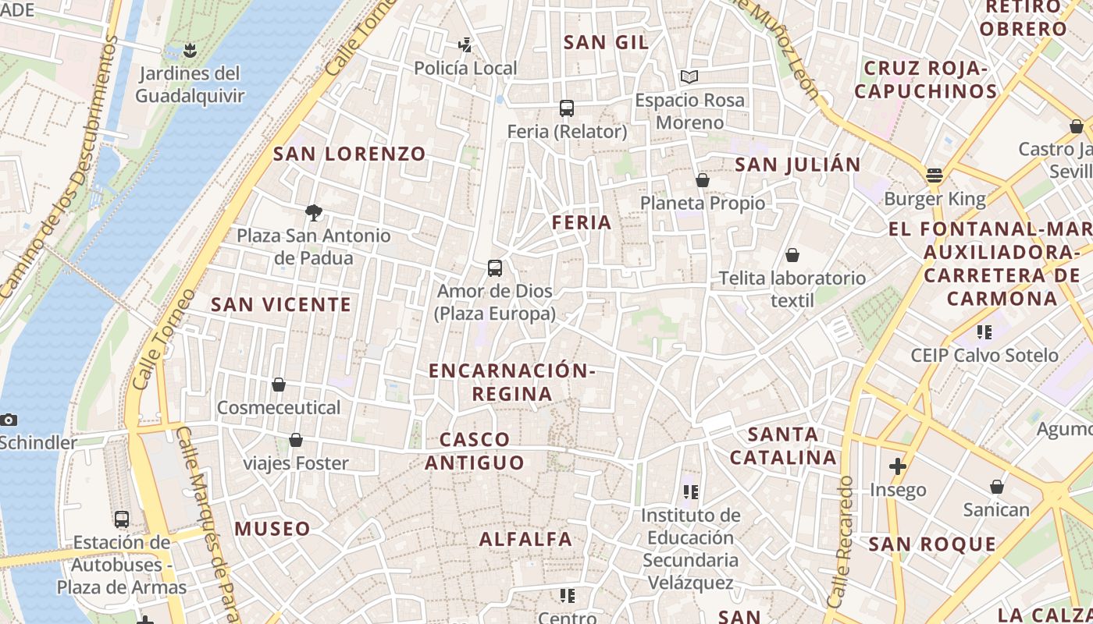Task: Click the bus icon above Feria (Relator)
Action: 567,108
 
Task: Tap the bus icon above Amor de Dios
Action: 494,268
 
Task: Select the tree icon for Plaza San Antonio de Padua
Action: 314,212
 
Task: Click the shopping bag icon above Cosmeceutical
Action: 279,385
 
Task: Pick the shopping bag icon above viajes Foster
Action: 296,441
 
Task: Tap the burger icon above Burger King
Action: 935,175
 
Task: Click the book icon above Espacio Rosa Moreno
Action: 689,76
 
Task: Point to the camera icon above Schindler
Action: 9,420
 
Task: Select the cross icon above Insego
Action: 898,466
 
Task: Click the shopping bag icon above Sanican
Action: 997,487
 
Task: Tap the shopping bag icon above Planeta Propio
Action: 703,180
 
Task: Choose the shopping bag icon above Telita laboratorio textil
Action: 792,255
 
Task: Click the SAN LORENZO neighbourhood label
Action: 350,154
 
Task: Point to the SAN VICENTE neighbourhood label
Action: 281,304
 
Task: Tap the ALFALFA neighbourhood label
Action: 525,538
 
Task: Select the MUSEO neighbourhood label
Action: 272,528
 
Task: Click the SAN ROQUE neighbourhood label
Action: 932,544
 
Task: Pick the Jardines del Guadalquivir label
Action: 189,85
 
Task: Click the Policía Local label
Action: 465,69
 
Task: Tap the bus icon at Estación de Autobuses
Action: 122,519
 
